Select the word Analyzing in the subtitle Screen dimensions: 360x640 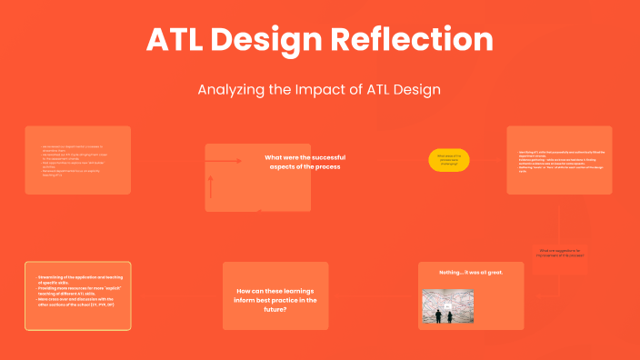point(231,91)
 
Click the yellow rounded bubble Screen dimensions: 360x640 point(449,160)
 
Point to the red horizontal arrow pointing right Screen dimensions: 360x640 point(225,161)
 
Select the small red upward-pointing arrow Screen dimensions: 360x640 point(210,186)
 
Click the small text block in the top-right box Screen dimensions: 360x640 point(559,160)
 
